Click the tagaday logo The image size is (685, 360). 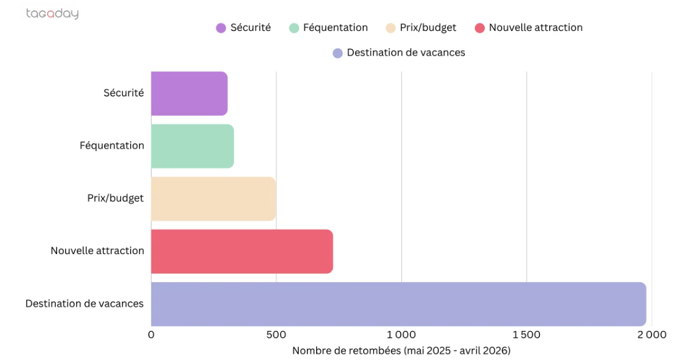[53, 14]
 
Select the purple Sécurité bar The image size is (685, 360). [189, 94]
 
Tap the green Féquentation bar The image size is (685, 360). [192, 146]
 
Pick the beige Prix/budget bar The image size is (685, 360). [213, 199]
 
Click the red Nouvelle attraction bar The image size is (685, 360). [242, 251]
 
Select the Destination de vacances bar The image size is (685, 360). [399, 304]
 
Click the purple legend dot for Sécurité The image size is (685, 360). [221, 28]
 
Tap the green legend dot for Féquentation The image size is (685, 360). [294, 28]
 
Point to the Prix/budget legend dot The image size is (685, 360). [391, 28]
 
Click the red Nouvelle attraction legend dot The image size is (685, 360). [480, 28]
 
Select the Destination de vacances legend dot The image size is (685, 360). [338, 53]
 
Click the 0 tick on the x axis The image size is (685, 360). [151, 335]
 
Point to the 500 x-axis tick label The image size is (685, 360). [276, 335]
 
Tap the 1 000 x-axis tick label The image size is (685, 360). [402, 335]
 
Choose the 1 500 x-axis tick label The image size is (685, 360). [526, 335]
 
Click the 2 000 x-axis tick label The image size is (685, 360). [652, 335]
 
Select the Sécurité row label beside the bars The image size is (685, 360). [123, 92]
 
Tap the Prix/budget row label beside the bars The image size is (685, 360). [115, 198]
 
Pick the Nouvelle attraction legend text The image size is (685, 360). [536, 27]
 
